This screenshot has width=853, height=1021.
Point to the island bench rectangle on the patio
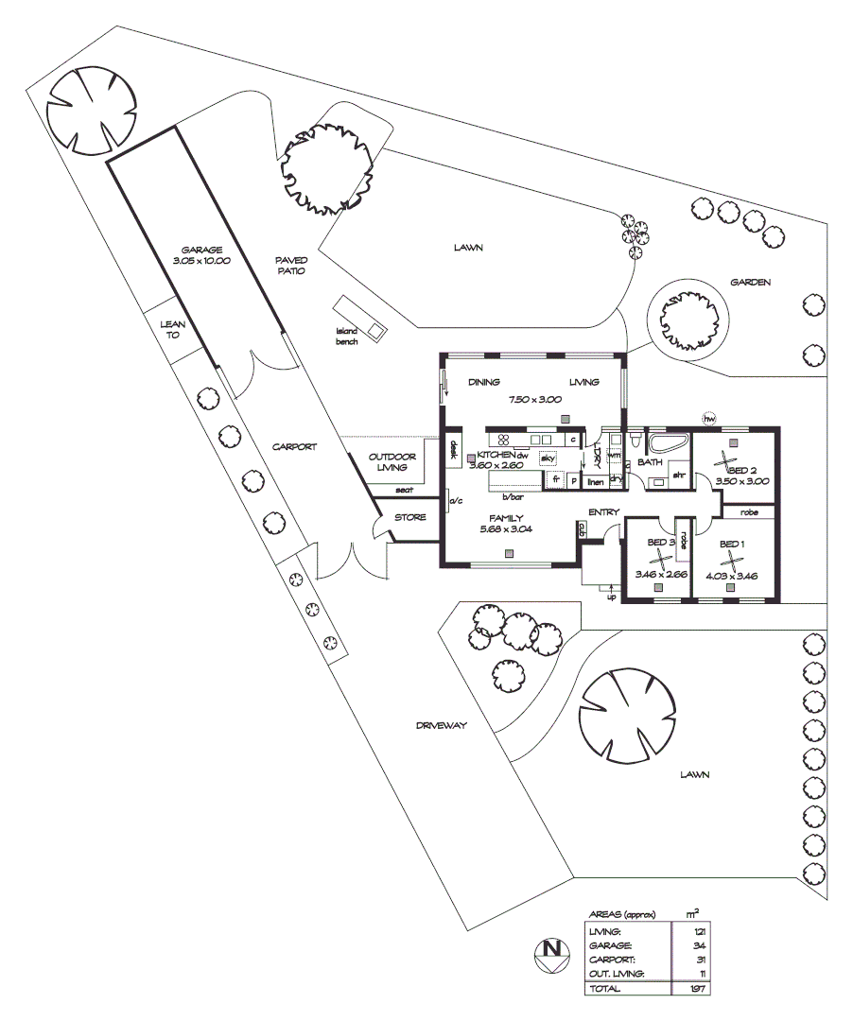[360, 318]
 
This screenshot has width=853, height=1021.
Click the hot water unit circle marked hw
[708, 418]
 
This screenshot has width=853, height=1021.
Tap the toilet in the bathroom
[636, 441]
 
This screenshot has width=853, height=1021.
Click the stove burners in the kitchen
[503, 439]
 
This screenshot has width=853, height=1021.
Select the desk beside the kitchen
[453, 450]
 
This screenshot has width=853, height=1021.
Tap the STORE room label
[411, 518]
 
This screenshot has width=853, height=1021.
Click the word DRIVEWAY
[442, 727]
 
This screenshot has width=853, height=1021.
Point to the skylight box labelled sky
[548, 458]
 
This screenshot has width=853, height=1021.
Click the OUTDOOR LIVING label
[388, 461]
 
